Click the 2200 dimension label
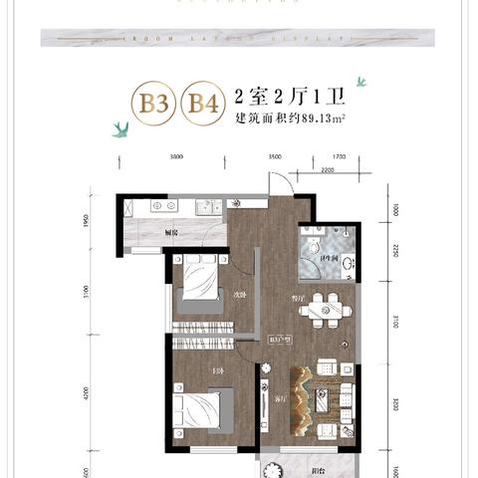[327, 169]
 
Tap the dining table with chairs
[327, 309]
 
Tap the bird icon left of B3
[121, 126]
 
